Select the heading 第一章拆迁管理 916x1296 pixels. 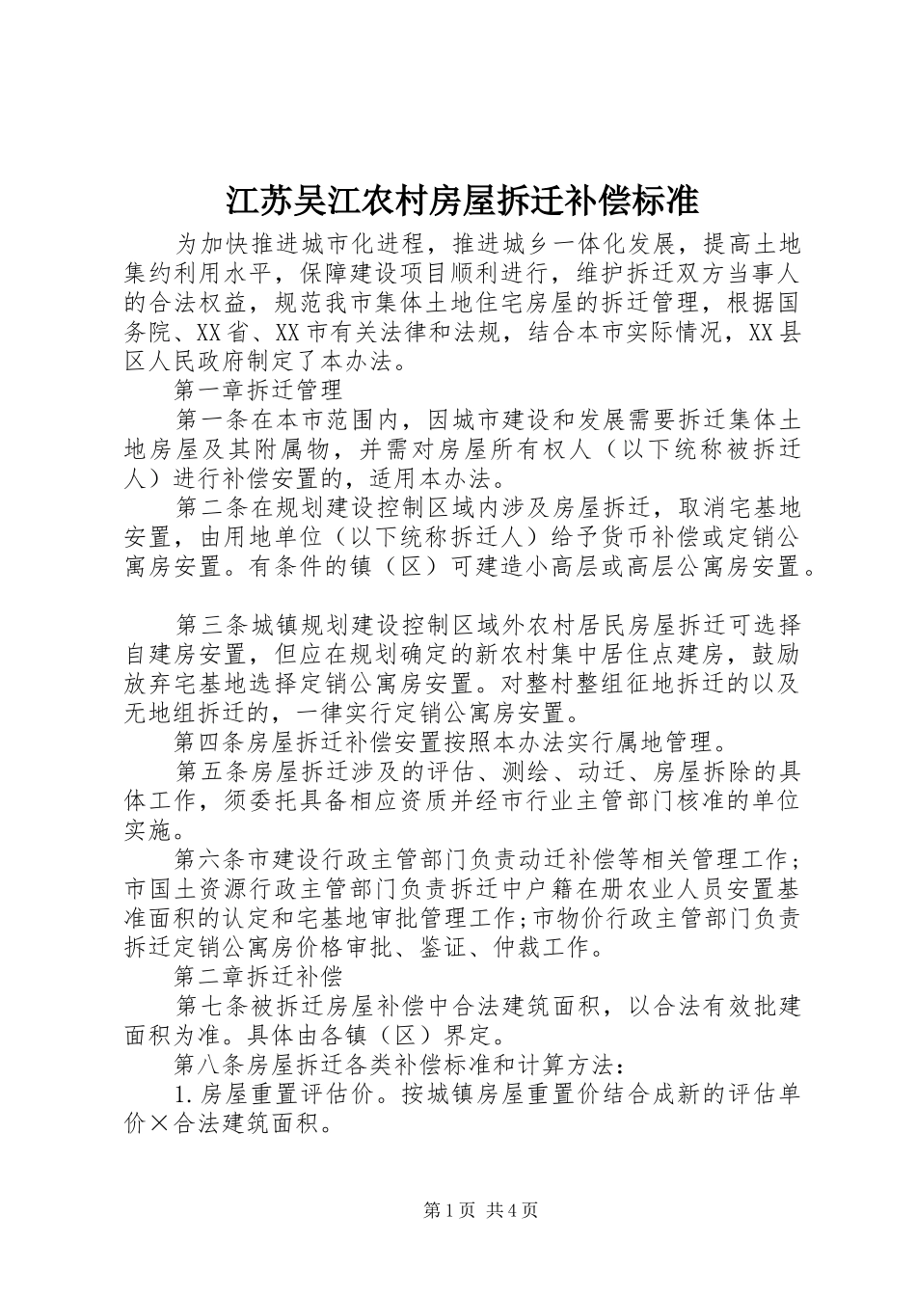pos(258,391)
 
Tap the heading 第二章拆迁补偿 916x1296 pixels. pos(258,976)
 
